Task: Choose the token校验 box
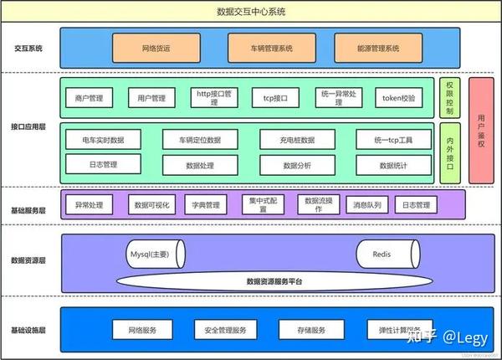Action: tap(399, 99)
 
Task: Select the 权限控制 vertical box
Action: tap(448, 99)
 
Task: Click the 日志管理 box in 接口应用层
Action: tap(103, 165)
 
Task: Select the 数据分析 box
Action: tap(297, 166)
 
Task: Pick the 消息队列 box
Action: tap(366, 204)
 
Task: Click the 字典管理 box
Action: tap(205, 204)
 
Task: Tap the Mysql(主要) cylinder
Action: tap(154, 253)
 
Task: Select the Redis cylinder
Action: tap(383, 253)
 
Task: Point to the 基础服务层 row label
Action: tap(28, 204)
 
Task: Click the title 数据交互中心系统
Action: tap(251, 12)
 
